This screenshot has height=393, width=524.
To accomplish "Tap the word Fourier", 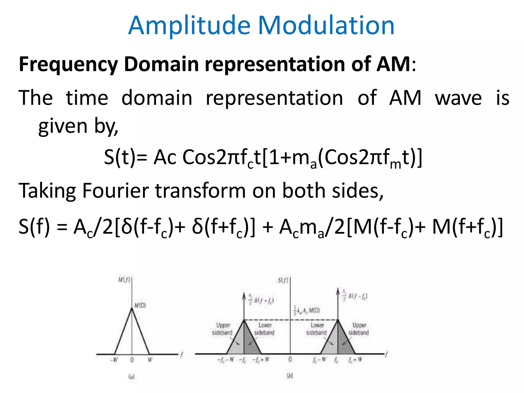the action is coord(115,191).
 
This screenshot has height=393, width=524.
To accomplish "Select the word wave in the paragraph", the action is coord(458,98).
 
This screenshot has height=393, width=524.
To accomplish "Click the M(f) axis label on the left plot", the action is coord(124,280).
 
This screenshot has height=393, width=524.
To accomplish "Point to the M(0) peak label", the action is coord(140,305).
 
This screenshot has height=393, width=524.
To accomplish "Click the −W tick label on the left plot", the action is coord(114,360).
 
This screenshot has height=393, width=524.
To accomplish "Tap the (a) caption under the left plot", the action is coord(132,376).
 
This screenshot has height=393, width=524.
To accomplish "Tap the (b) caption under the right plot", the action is coord(290,376).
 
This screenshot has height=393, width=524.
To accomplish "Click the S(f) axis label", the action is coord(283,280).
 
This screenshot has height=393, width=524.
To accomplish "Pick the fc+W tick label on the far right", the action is coord(355,360).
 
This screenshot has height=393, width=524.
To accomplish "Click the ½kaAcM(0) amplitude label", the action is coord(307,310).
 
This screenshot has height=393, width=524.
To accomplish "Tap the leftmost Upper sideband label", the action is coord(222,329).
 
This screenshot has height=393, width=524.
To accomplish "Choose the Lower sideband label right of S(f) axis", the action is coord(317,329).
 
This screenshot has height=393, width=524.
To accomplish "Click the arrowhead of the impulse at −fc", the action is coord(244,296).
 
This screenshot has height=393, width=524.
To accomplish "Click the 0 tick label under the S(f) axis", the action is coord(290,360).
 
